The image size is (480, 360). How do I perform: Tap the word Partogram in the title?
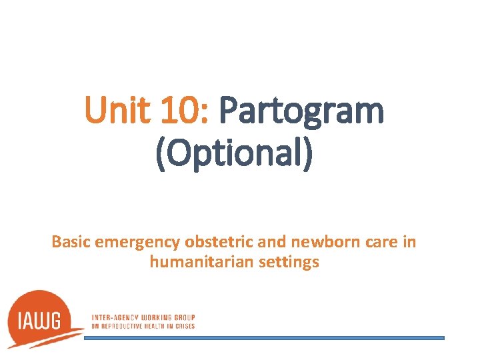pyautogui.click(x=301, y=111)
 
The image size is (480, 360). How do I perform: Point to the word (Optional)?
pyautogui.click(x=233, y=155)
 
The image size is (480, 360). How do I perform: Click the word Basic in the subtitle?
pyautogui.click(x=71, y=242)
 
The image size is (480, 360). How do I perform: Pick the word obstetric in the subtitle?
pyautogui.click(x=199, y=242)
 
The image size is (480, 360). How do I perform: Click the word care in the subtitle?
pyautogui.click(x=377, y=242)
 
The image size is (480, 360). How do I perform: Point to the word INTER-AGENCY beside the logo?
pyautogui.click(x=113, y=317)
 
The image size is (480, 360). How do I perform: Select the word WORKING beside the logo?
pyautogui.click(x=155, y=317)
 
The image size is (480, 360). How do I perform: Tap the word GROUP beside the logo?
pyautogui.click(x=185, y=317)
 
